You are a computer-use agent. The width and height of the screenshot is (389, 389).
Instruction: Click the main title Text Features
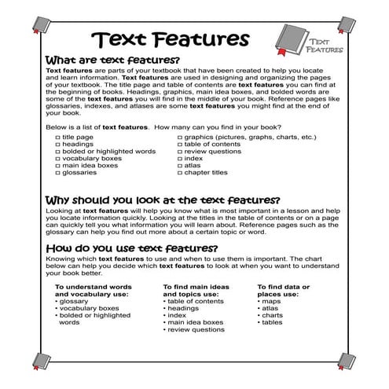(170, 39)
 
